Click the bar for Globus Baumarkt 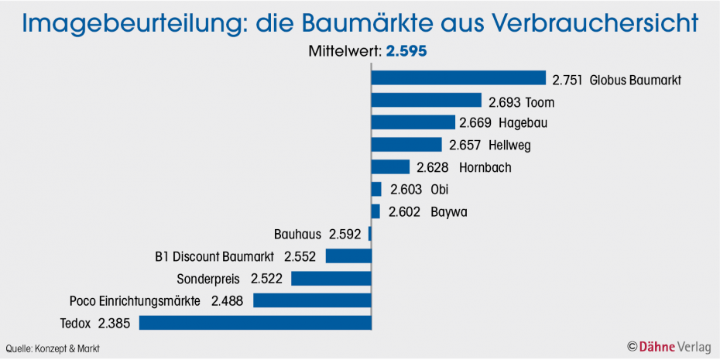(458, 78)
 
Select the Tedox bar (255, 323)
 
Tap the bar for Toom (427, 101)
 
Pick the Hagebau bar (413, 122)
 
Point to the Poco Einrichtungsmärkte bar (312, 300)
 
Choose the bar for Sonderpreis (331, 278)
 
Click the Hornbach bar (390, 167)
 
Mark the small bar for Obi (376, 190)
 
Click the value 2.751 (567, 79)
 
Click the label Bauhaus (298, 234)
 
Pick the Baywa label (449, 212)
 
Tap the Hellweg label (509, 146)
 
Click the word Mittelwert (341, 52)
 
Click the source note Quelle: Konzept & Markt (53, 348)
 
